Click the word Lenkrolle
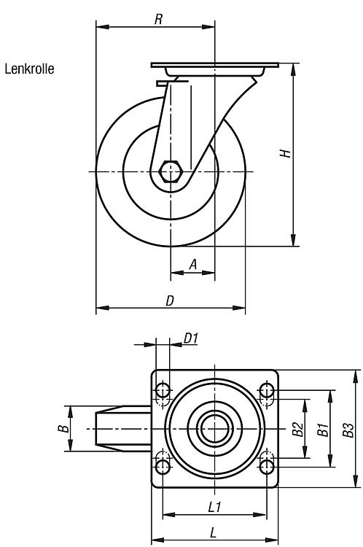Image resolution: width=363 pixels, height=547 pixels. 29,69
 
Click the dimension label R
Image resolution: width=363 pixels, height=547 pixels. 158,19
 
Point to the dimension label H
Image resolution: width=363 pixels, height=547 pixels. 285,153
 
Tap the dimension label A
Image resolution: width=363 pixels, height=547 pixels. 193,265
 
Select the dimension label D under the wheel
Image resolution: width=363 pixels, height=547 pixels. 169,300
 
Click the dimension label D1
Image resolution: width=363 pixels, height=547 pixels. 191,338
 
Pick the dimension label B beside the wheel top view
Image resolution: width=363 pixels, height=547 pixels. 63,428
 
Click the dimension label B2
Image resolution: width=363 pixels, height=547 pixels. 297,429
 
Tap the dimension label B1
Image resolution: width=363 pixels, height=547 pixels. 323,429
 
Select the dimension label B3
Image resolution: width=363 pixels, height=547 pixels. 348,430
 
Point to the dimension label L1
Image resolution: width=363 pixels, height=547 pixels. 214,507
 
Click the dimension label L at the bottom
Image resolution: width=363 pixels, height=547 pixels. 213,532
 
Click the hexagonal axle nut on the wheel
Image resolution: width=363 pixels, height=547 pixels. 171,171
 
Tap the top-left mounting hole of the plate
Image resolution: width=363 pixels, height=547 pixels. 163,390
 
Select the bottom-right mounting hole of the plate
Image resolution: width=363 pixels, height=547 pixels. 267,467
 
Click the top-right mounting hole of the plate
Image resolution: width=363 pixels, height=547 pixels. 267,390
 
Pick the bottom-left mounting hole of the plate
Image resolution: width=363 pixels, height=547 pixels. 163,467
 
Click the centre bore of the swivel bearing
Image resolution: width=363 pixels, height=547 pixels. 215,429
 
